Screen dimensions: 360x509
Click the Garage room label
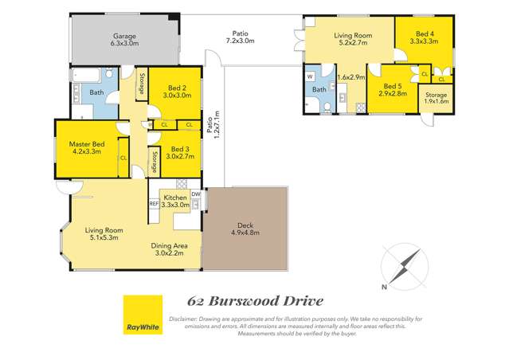point(124,40)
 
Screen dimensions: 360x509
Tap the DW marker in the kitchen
point(195,194)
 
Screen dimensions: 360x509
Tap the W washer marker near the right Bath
point(311,77)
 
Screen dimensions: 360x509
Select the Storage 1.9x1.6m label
point(436,99)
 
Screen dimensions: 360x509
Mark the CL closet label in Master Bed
point(123,158)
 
